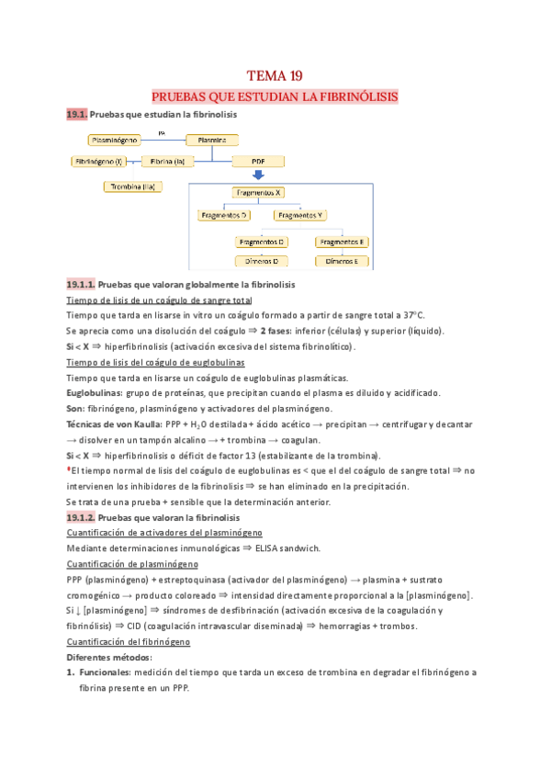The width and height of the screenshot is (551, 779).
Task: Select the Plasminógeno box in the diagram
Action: click(116, 140)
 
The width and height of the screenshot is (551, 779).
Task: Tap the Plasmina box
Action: click(212, 140)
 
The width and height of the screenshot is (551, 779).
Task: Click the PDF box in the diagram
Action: click(258, 162)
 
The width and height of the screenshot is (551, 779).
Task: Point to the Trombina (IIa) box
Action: click(133, 186)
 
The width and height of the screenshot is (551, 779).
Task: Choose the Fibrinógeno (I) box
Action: click(98, 162)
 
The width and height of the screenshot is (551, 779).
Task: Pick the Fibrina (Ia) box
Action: click(168, 162)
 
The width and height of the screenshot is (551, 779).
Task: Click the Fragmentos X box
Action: click(258, 193)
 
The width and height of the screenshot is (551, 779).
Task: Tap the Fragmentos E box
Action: click(343, 242)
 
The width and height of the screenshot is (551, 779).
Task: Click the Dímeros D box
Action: click(262, 261)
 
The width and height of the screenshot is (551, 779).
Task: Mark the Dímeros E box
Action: click(343, 261)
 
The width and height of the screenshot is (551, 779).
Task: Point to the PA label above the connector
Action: click(162, 132)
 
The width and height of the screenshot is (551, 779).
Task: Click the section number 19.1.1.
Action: click(81, 285)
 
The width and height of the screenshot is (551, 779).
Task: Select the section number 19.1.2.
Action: click(81, 518)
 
